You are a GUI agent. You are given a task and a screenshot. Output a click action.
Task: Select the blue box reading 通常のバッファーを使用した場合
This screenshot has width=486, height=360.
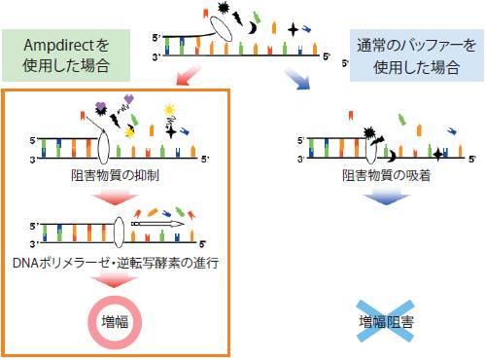(x=415, y=54)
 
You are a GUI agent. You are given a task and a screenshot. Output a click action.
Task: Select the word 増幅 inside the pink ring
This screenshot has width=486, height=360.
(x=116, y=320)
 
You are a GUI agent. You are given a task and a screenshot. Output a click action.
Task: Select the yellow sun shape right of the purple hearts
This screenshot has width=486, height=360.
(x=172, y=106)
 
